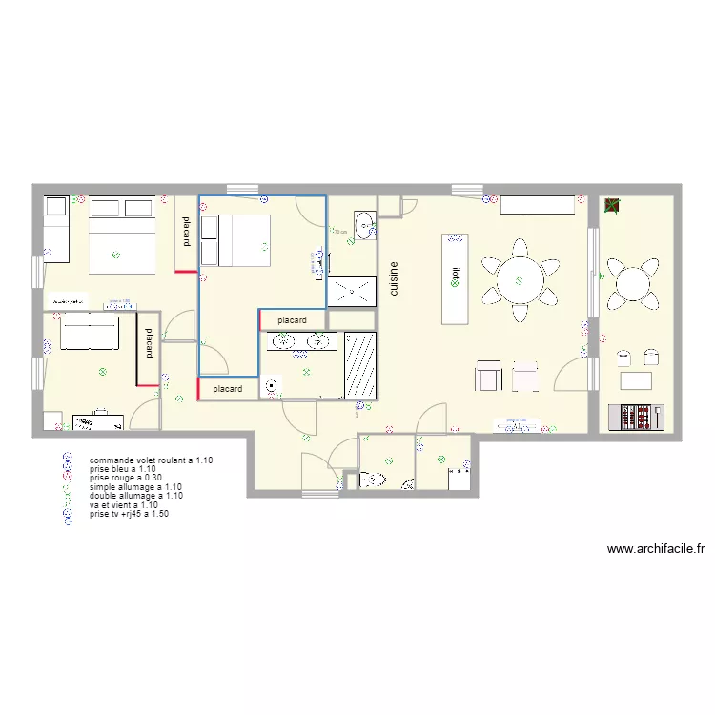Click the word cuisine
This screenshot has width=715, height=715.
point(393,279)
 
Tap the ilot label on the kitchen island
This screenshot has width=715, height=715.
point(457,277)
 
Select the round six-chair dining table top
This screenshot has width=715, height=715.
point(518,279)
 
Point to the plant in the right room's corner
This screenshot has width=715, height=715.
point(611,205)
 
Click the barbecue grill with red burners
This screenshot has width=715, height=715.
point(639,417)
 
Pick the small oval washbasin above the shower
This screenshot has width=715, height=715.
point(365,226)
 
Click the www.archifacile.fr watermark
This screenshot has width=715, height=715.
point(655,549)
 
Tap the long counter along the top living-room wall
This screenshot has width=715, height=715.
point(538,205)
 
